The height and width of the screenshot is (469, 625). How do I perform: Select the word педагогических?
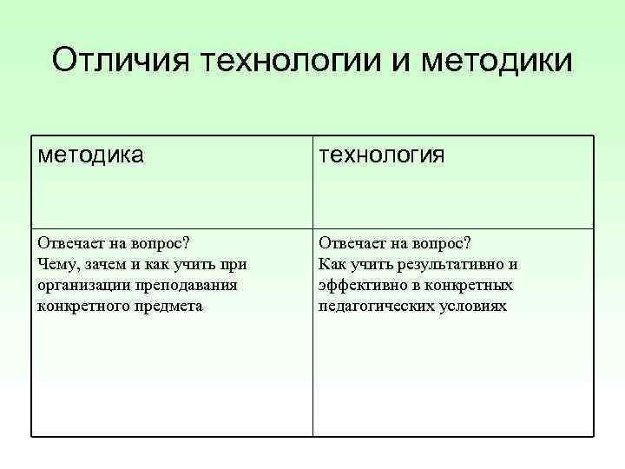pos(374,307)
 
